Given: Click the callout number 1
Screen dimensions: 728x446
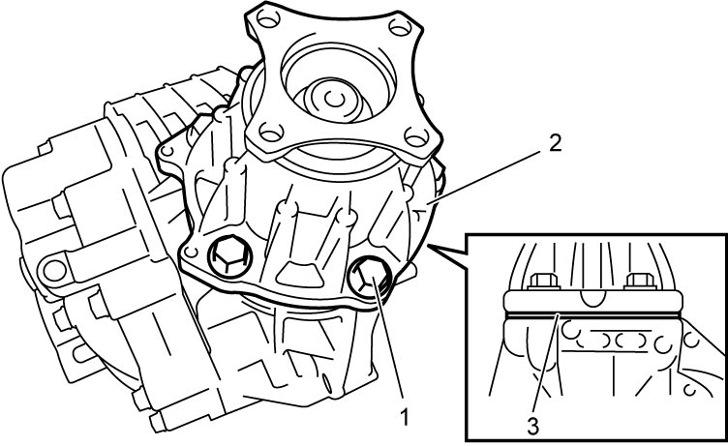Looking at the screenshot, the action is tap(405, 417).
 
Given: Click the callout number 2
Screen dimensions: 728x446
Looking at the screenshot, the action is tap(555, 143).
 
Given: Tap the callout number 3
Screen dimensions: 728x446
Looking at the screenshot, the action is tap(532, 427).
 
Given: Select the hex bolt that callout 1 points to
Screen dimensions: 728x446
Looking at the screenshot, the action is tap(369, 277).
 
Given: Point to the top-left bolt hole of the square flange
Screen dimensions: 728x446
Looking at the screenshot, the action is tap(268, 18).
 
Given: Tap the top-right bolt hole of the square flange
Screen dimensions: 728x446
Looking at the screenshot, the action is tap(400, 27).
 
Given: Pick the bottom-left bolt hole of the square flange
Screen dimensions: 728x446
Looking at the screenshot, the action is tap(271, 132).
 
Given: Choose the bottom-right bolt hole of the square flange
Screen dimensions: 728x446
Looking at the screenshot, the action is tap(416, 137).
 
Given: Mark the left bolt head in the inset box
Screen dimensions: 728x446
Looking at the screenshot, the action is tap(544, 282).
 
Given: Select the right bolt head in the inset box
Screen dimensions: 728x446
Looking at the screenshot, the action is tap(641, 282).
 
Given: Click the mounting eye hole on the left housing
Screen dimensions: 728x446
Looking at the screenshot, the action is tap(54, 271).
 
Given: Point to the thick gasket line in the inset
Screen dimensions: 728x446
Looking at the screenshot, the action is tap(592, 315).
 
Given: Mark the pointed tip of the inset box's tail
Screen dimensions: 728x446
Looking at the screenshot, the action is tap(428, 246).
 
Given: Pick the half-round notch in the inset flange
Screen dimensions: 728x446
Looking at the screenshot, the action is tap(591, 299).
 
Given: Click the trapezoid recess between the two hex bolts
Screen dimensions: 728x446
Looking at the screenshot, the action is tap(299, 275).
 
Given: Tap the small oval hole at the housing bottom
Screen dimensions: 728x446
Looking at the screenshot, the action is tap(326, 384).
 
